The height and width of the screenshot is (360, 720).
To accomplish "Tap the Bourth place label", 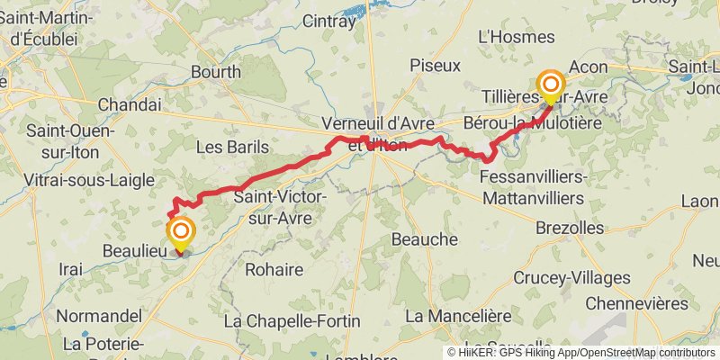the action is coord(216,72).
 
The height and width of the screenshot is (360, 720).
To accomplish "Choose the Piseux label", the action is coord(435,66).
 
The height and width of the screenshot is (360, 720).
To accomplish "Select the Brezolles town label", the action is coord(569,228).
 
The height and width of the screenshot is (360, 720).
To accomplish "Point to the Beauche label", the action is coord(425,239).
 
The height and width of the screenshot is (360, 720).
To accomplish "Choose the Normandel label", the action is coord(99,316).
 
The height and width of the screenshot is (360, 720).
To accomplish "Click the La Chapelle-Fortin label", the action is coord(292,320).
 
